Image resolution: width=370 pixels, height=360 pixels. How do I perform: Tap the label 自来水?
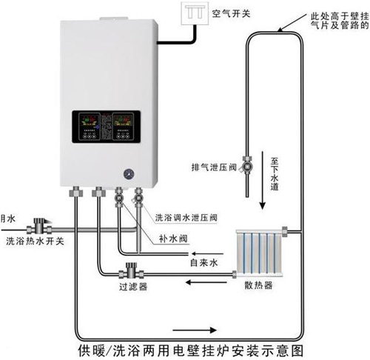tap(203, 262)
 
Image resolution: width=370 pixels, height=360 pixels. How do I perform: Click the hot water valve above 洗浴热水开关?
tap(44, 221)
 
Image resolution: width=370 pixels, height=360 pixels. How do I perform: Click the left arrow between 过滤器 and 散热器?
tap(194, 279)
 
